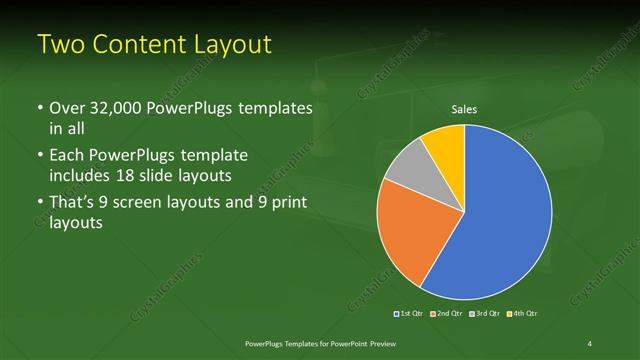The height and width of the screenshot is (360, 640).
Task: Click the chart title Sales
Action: [464, 109]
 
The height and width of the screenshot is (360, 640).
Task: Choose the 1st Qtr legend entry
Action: [410, 314]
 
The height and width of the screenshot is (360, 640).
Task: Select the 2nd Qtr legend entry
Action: [447, 314]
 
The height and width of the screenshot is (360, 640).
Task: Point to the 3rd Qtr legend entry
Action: [484, 314]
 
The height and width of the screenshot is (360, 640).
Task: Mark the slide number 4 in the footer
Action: [591, 344]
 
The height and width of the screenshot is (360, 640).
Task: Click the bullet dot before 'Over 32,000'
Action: [39, 108]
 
